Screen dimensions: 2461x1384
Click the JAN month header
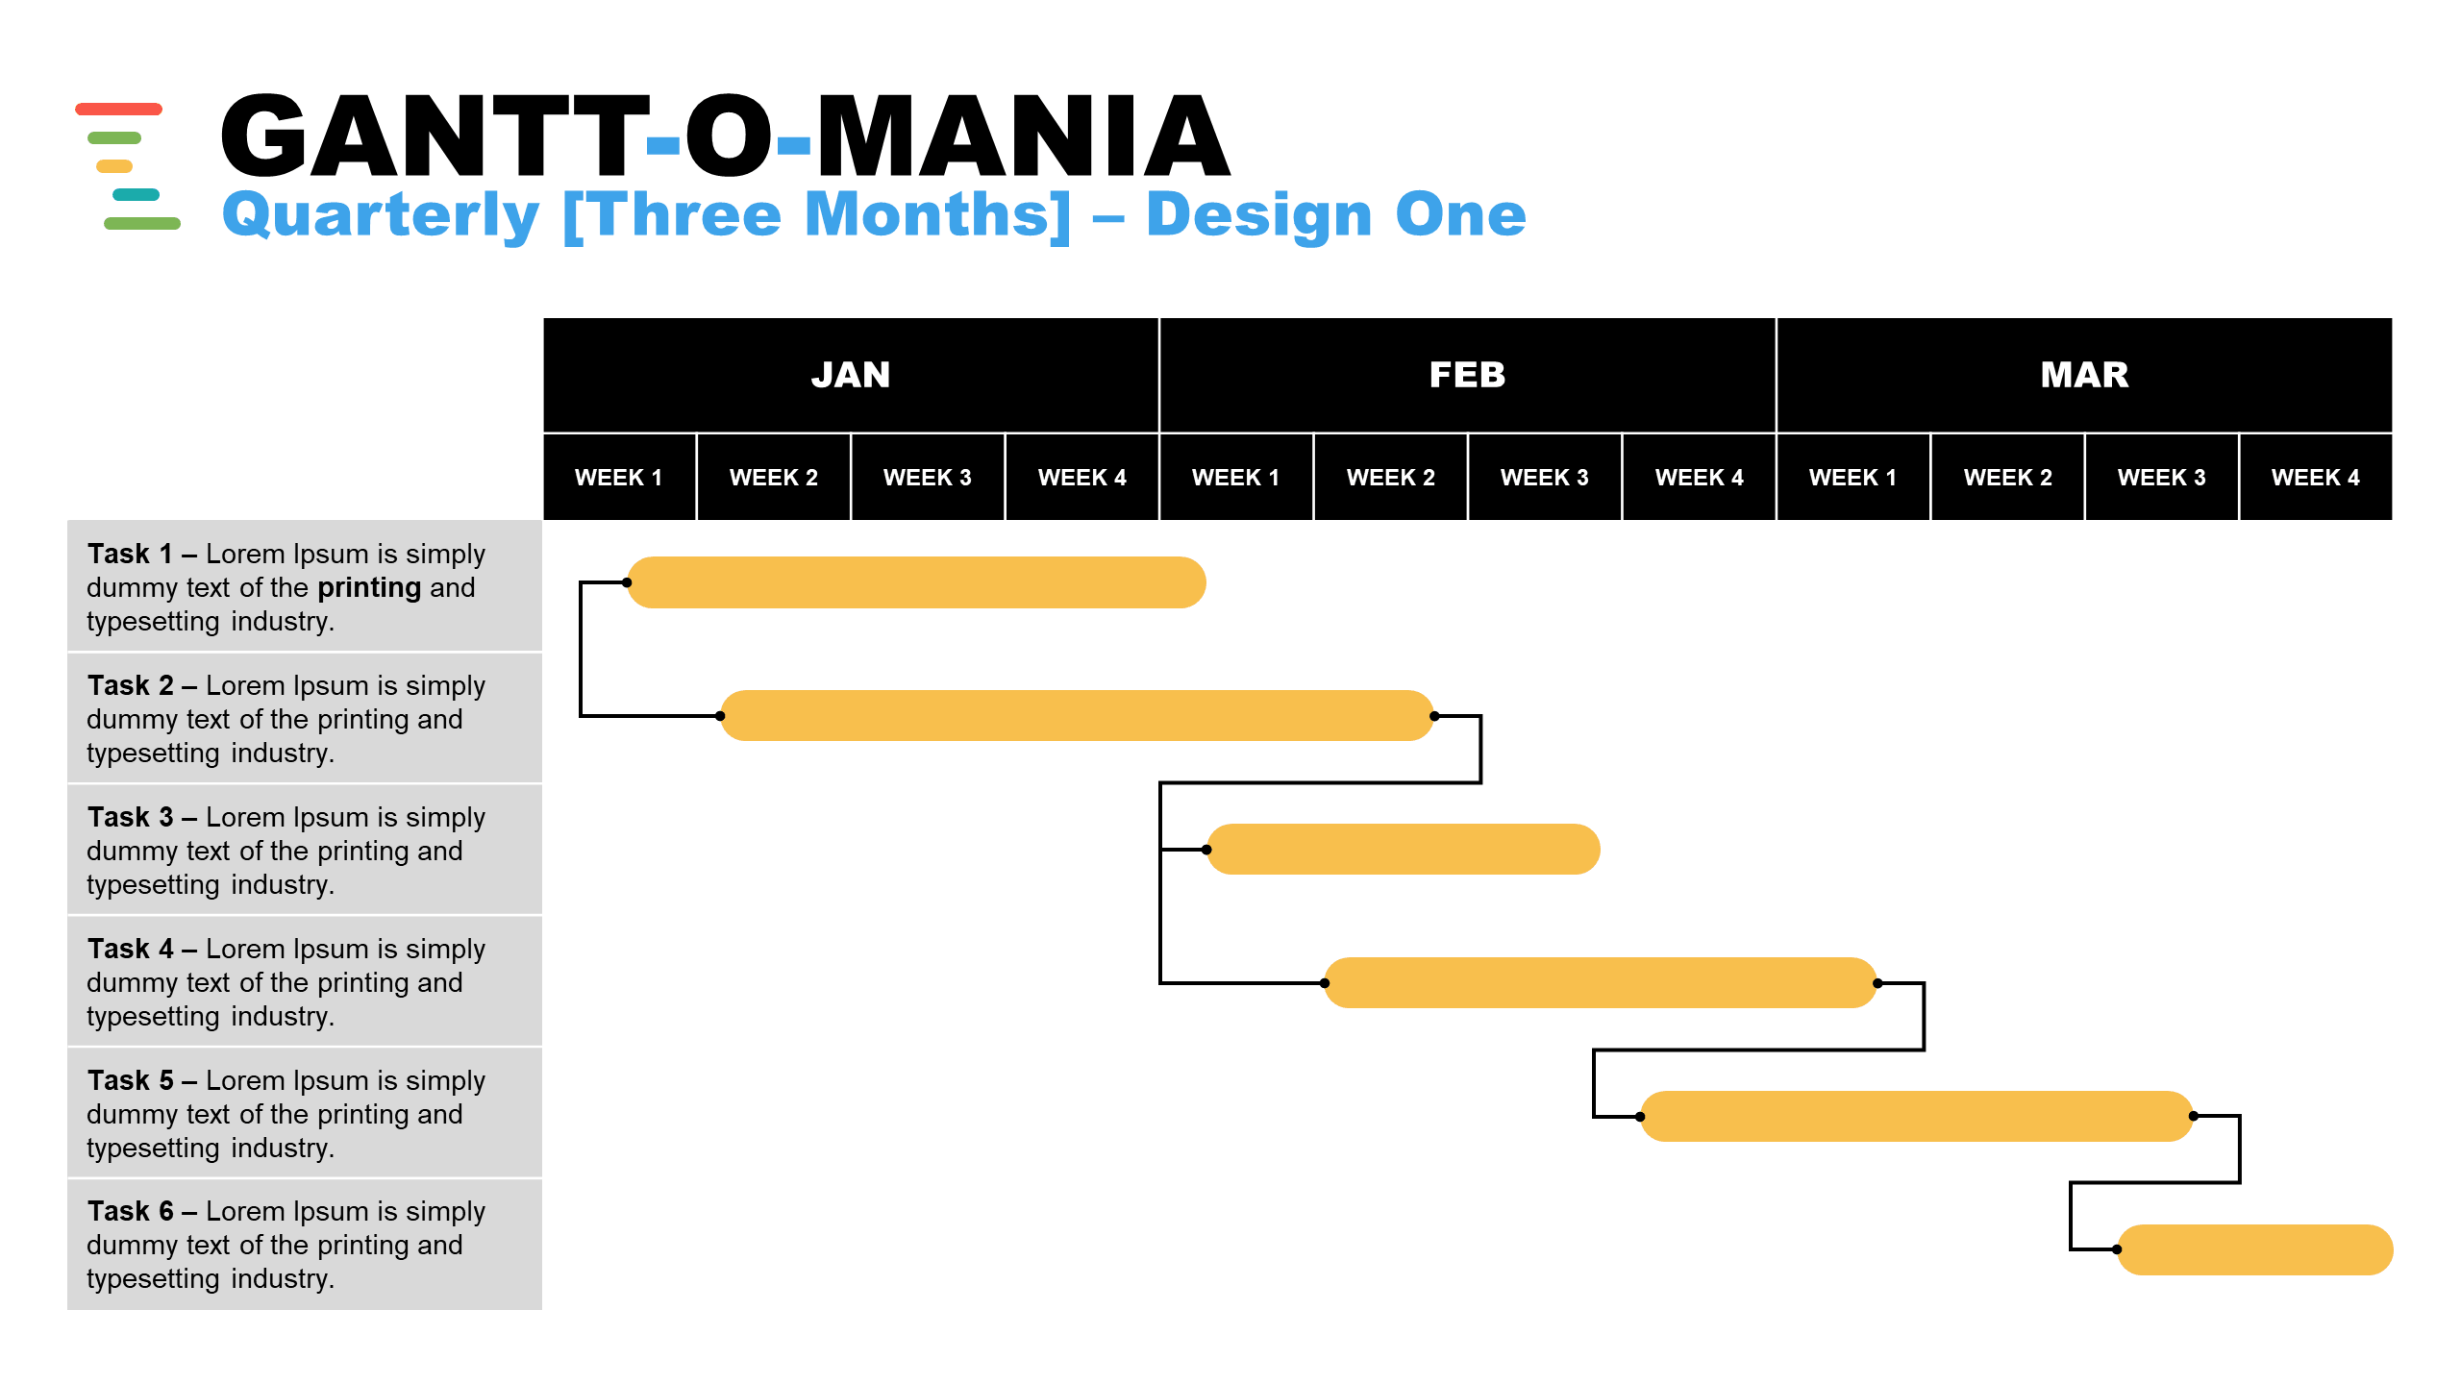click(x=851, y=375)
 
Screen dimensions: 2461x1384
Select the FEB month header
click(x=1467, y=375)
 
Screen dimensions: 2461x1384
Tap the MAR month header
click(x=2084, y=375)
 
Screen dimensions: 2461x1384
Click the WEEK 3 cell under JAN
click(x=928, y=478)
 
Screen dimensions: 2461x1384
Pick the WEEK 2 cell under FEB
click(x=1390, y=478)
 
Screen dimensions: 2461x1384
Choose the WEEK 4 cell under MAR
click(x=2316, y=478)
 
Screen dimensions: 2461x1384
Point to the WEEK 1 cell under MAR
click(x=1853, y=478)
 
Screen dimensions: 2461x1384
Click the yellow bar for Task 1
click(x=916, y=582)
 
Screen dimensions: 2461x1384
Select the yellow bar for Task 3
click(x=1404, y=850)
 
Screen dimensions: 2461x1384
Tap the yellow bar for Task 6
click(x=2254, y=1249)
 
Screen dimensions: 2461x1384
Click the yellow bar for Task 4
click(x=1601, y=982)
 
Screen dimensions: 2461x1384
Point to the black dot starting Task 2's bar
click(x=720, y=716)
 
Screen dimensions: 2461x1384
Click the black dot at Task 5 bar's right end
click(x=2194, y=1116)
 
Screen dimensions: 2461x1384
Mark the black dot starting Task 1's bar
click(x=627, y=582)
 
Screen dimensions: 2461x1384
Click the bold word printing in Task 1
click(x=369, y=588)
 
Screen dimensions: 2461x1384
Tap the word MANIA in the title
click(x=1023, y=136)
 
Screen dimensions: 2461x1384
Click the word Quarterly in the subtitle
click(x=381, y=215)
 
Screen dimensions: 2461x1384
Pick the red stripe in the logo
click(x=118, y=109)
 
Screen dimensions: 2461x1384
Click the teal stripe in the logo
click(x=136, y=195)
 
